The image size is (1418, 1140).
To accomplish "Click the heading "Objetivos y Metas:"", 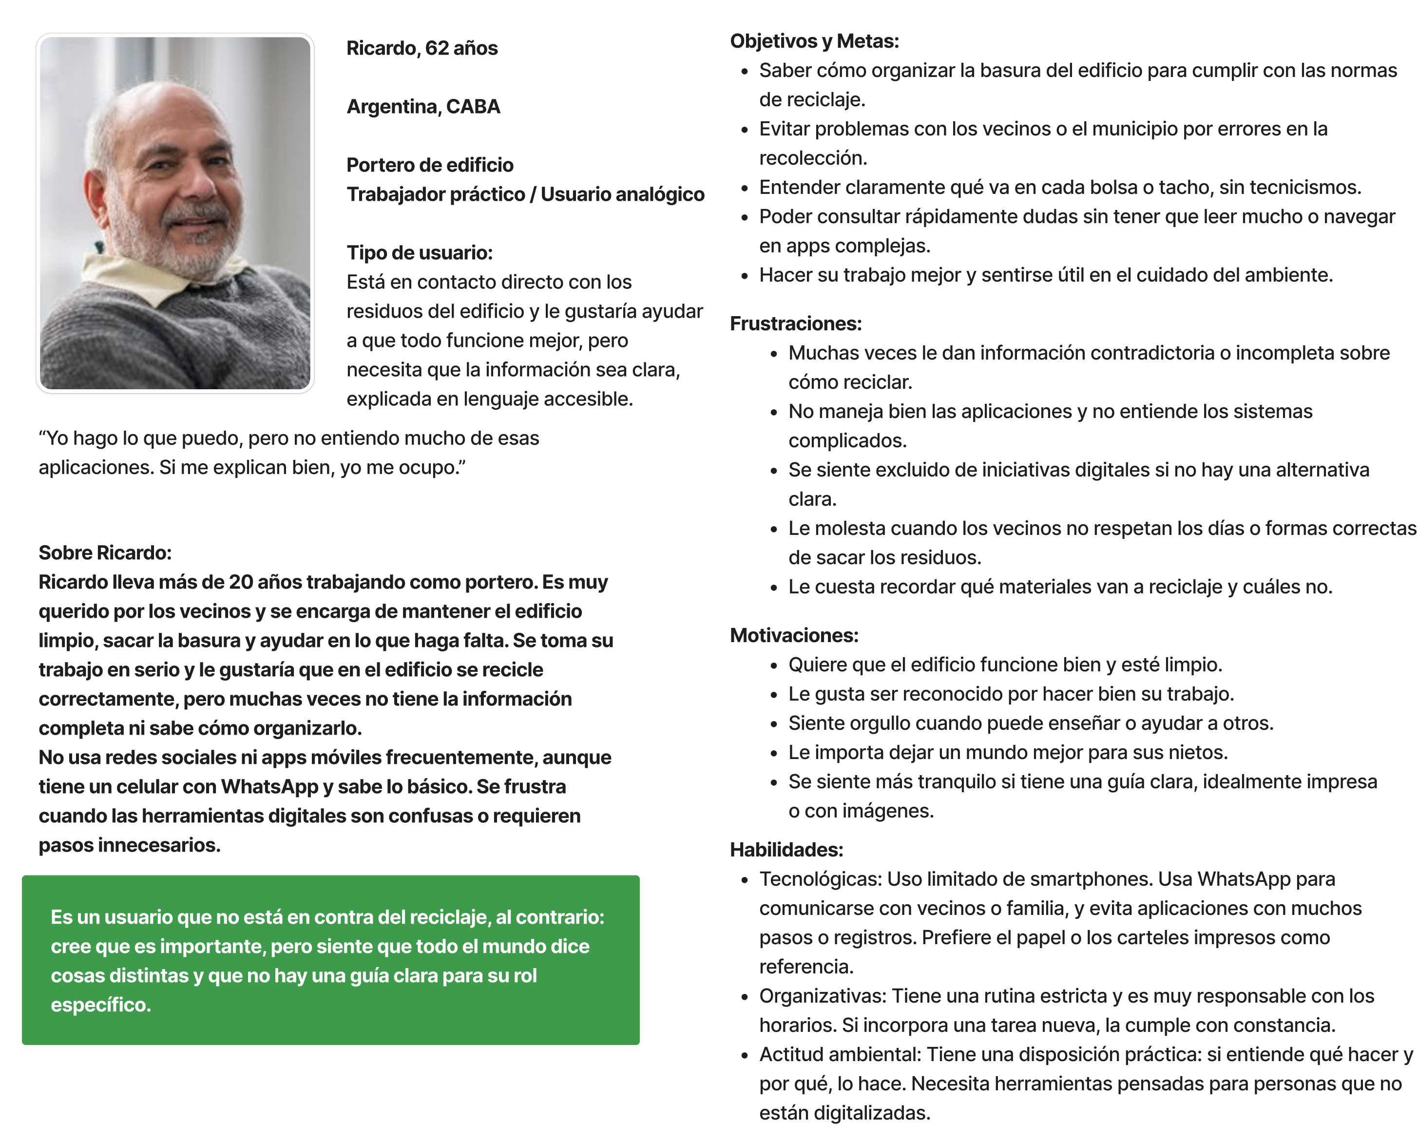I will point(814,41).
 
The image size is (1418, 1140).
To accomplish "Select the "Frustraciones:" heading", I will point(795,323).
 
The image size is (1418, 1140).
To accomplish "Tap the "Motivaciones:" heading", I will point(794,635).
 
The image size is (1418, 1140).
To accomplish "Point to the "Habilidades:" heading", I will point(786,850).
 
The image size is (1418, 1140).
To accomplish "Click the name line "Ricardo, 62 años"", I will point(422,48).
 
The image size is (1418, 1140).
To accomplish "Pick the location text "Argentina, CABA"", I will point(423,107).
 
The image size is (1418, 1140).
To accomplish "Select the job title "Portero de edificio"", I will point(429,165).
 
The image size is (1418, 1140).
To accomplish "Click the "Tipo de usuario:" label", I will point(419,252).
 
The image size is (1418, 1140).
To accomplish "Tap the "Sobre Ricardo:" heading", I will point(105,553).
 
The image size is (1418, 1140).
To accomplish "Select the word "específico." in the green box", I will point(101,1005).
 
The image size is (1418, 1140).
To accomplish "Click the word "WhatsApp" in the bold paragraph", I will point(270,786).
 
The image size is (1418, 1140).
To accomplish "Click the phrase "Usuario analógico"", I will point(622,194).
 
